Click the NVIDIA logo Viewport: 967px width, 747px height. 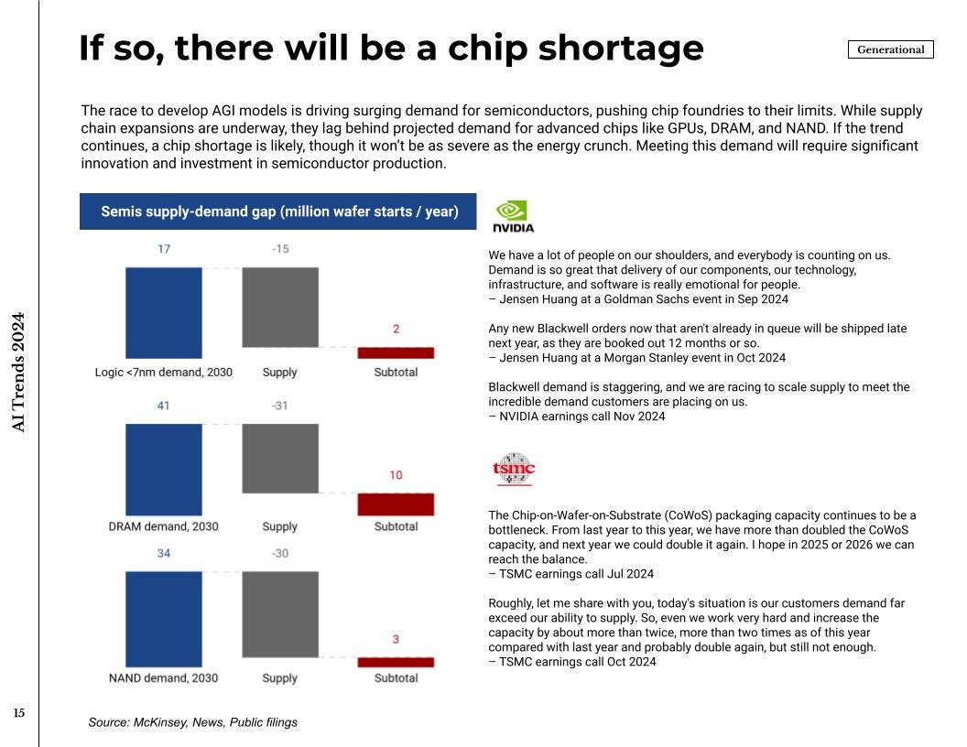coord(513,216)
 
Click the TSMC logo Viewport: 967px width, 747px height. coord(513,470)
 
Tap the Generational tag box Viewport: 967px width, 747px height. coord(890,49)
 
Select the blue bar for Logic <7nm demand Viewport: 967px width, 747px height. coord(163,312)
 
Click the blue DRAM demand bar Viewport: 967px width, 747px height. coord(163,469)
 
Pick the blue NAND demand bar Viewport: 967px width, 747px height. coord(163,620)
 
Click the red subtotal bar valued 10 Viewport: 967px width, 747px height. coord(396,504)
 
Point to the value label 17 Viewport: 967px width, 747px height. coord(163,249)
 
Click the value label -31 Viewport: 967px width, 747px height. coord(280,406)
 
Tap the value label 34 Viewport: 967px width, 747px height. coord(163,554)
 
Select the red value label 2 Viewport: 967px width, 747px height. coord(396,329)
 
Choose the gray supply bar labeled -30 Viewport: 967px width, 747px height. coord(280,614)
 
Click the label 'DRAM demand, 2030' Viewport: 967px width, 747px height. coord(163,526)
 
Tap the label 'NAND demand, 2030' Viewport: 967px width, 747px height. coord(163,678)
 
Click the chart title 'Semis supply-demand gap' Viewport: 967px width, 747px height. coord(278,211)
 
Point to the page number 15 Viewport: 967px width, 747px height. coord(19,713)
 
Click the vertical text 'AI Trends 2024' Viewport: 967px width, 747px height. coord(18,373)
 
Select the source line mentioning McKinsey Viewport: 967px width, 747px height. coord(192,722)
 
